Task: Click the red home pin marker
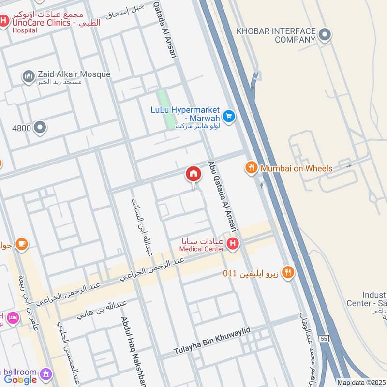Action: (193, 174)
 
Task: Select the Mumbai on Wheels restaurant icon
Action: (251, 168)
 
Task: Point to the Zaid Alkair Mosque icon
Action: (28, 76)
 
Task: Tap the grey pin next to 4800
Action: (41, 128)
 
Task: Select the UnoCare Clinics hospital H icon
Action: (4, 21)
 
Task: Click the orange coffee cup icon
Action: (21, 244)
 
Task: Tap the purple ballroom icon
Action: (46, 373)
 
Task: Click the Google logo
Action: (21, 380)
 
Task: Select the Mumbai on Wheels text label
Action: (297, 168)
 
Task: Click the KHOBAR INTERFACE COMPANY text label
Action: (275, 35)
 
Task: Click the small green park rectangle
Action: (166, 109)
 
